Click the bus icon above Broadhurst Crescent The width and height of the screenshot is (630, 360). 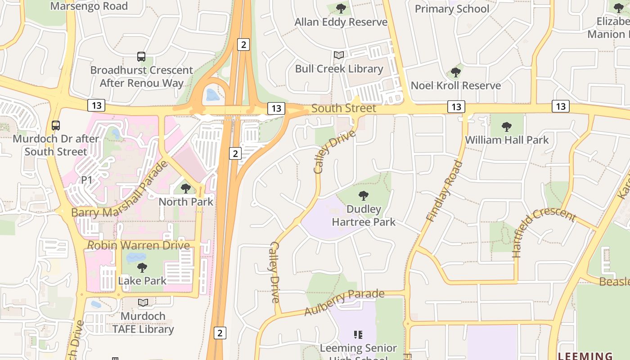(141, 57)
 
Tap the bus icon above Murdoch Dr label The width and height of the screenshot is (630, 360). (56, 125)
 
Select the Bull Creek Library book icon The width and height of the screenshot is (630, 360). (339, 55)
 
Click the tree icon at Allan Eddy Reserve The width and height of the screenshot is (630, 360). (341, 8)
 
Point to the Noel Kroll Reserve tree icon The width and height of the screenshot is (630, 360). (455, 72)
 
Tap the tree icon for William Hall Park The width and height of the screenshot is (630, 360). (507, 126)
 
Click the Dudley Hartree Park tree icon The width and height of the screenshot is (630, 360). (364, 196)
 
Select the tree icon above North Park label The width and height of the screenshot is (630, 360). (185, 188)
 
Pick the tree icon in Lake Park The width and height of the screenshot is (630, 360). (142, 268)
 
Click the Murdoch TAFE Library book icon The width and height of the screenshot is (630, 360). (143, 302)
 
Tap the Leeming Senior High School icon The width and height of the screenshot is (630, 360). (358, 334)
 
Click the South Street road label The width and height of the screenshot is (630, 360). (343, 108)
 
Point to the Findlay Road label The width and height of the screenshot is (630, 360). (445, 191)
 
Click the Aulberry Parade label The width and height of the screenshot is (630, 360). (344, 302)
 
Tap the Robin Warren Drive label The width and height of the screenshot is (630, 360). (139, 245)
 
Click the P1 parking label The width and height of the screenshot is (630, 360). (86, 180)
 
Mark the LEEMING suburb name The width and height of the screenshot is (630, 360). (585, 355)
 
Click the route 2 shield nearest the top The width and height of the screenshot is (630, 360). (243, 44)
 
